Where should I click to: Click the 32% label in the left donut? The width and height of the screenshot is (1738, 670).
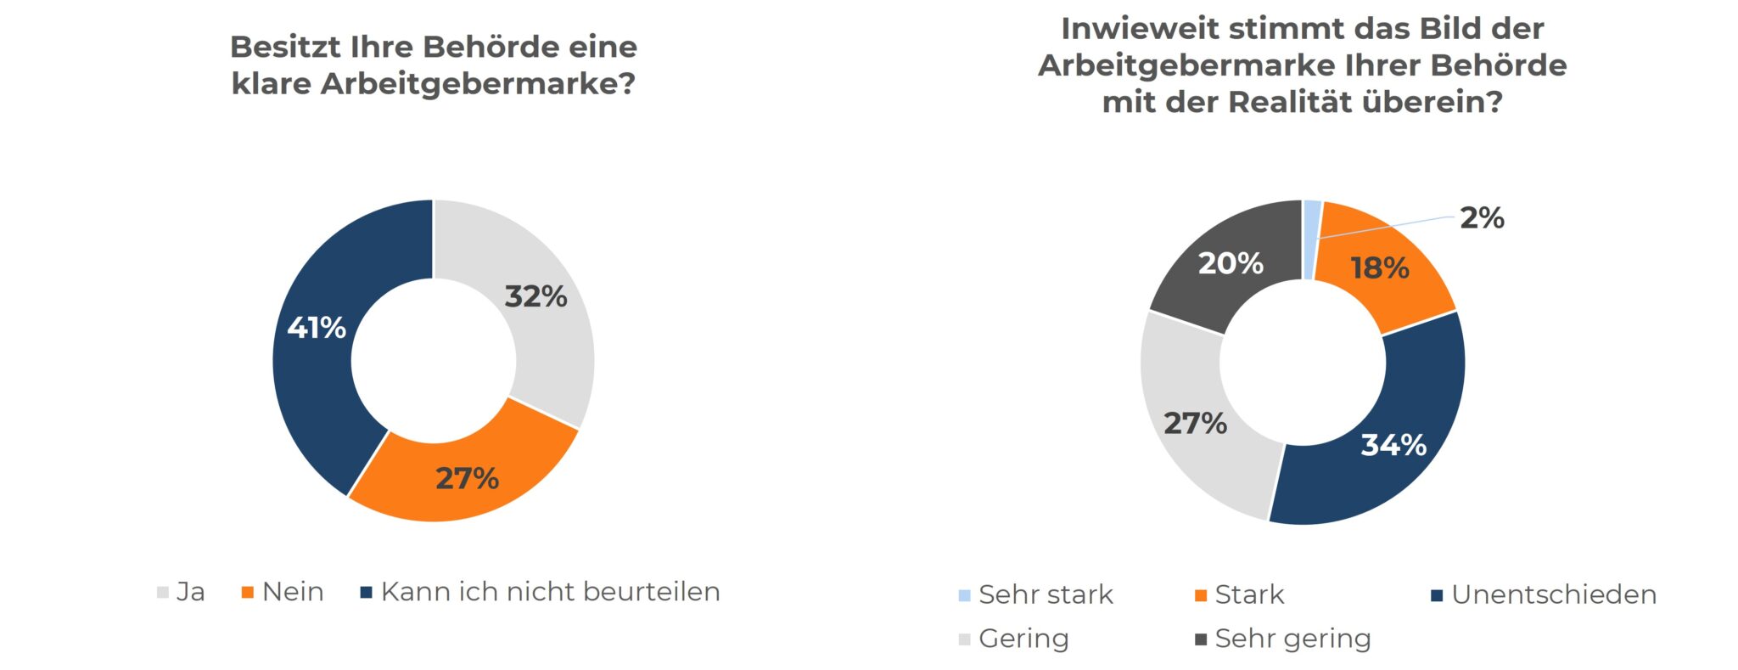click(x=535, y=296)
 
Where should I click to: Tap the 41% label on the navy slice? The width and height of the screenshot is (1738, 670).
click(x=317, y=328)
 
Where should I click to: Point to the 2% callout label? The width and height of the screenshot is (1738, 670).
click(x=1482, y=218)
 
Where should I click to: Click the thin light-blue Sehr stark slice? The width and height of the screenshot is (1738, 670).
click(x=1312, y=239)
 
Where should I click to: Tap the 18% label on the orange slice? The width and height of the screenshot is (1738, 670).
click(x=1380, y=268)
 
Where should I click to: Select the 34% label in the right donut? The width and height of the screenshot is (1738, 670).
click(x=1393, y=445)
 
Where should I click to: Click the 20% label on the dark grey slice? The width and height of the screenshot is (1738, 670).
click(x=1231, y=263)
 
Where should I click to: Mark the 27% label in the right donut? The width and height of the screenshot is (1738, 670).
click(x=1195, y=423)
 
